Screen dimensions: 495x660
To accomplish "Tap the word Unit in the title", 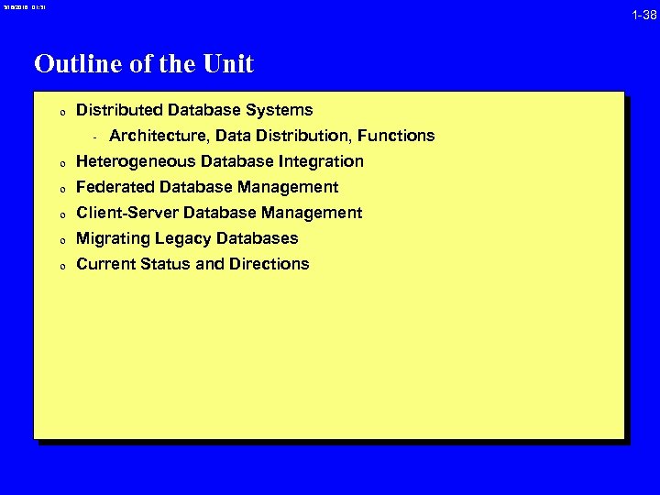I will click(230, 64).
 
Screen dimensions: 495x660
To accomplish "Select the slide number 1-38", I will click(643, 15).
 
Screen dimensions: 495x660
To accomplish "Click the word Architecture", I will click(156, 136).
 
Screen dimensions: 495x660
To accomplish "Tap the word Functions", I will click(396, 136).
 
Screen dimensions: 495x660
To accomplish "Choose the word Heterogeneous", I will click(135, 161).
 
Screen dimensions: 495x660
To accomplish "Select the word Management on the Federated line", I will click(291, 187).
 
